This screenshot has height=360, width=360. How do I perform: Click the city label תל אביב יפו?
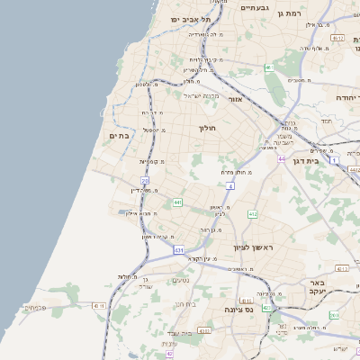point(193,18)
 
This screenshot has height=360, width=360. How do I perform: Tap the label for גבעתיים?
point(255,7)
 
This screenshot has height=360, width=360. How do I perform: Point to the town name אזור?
point(235,99)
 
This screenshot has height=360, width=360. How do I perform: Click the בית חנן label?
point(185,304)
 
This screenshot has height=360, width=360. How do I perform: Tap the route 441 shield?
point(178,202)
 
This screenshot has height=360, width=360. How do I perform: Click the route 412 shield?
point(253,214)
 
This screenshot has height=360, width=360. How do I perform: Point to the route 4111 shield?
point(204,331)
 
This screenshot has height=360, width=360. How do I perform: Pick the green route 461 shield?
point(269,67)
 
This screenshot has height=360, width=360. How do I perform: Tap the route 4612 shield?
point(337,39)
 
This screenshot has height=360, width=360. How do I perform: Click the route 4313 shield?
point(342,268)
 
